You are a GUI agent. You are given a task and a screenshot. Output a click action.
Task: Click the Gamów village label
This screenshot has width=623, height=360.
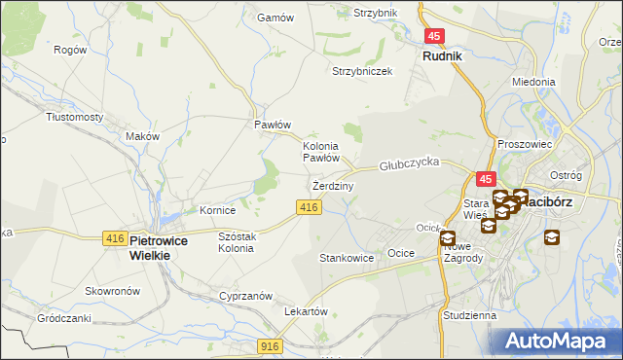coord(268,18)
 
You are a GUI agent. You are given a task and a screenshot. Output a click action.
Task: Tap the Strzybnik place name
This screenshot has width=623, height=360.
coord(376,13)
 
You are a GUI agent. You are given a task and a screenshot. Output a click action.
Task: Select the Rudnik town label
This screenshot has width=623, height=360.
coord(442,56)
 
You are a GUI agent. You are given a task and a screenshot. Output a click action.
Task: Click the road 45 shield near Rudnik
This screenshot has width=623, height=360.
coord(435,36)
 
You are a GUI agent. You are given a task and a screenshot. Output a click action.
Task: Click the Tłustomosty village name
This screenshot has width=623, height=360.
coord(75,117)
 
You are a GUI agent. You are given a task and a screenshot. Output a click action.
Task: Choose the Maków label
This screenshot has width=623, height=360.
coord(142,137)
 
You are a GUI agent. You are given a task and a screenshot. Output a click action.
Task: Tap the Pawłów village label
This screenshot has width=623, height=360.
coord(274,125)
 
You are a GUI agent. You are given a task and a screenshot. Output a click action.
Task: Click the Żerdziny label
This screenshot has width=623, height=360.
coord(332,185)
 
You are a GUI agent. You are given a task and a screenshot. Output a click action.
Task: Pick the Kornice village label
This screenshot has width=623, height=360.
coord(218,210)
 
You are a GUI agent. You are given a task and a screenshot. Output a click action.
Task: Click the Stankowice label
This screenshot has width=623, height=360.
coord(348,258)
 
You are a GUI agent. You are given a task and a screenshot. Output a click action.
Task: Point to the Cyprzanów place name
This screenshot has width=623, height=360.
coord(244,296)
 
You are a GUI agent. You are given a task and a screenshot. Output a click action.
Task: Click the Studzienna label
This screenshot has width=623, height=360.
coord(469,315)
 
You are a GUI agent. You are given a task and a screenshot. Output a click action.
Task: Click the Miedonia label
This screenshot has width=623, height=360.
coord(532,83)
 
